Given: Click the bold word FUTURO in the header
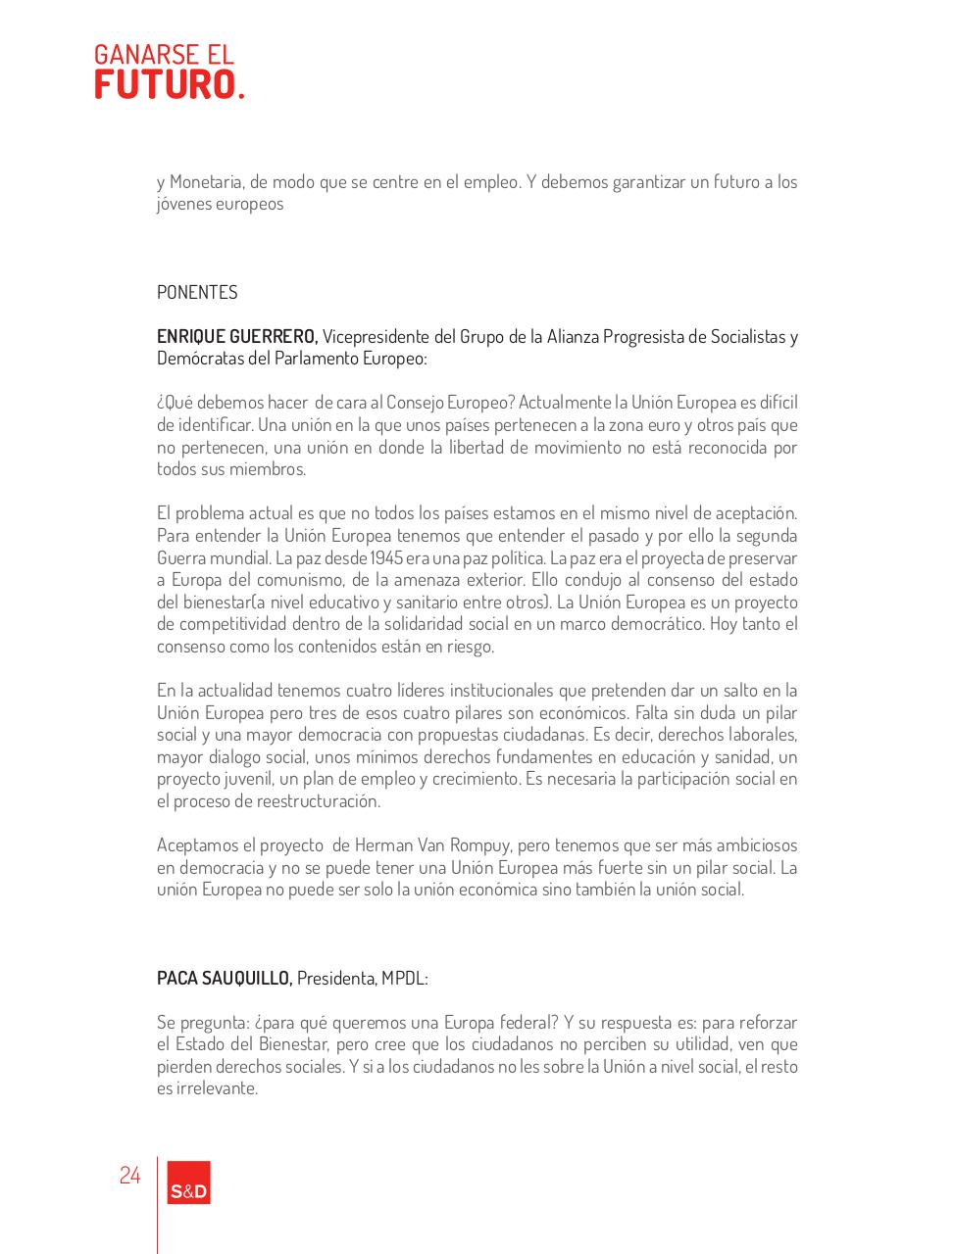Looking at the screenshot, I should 164,85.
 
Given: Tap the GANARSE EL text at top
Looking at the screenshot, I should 164,54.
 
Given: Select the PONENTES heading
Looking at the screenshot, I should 197,292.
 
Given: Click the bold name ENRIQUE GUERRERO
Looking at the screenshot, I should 235,336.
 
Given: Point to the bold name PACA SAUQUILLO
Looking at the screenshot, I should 224,978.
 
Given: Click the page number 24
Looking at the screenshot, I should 129,1175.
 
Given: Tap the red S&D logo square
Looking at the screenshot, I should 189,1182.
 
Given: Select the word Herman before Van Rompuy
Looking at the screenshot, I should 384,844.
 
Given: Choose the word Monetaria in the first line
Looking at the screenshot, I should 205,181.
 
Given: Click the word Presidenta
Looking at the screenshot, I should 336,978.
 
